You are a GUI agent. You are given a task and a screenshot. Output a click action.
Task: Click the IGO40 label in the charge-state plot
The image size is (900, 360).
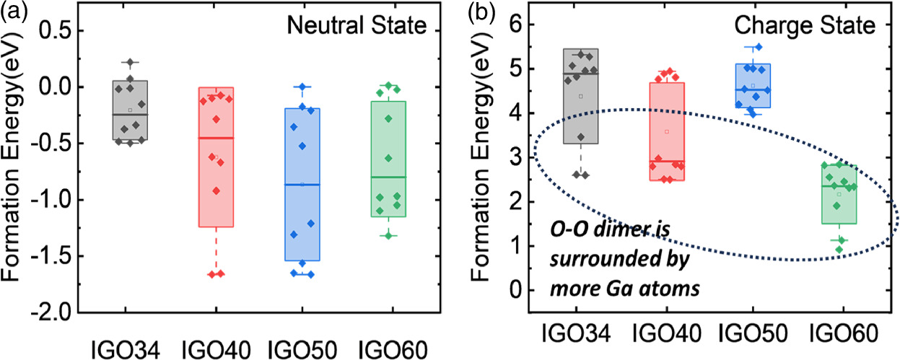pyautogui.click(x=667, y=332)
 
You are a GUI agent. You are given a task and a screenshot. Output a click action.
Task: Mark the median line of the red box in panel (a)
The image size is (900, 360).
pyautogui.click(x=216, y=138)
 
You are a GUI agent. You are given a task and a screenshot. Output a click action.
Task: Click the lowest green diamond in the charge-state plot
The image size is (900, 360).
pyautogui.click(x=839, y=250)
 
